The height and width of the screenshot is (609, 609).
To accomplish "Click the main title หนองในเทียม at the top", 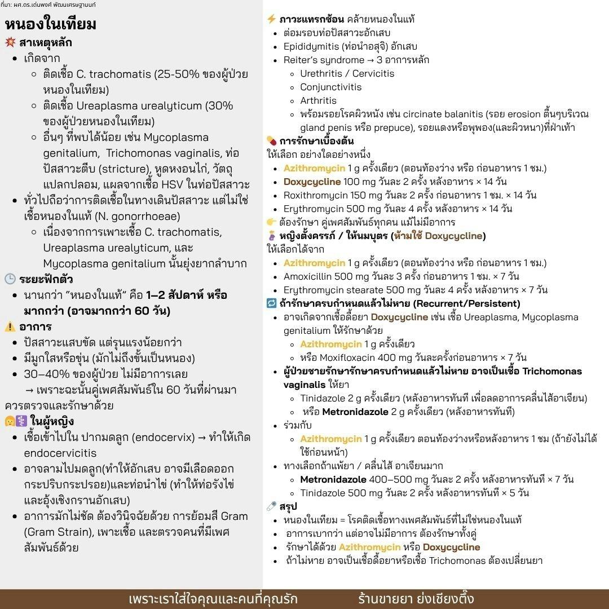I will click(51, 24).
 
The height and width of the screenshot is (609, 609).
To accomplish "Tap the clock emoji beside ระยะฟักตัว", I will click(10, 279).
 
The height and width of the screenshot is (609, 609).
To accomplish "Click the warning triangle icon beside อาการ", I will click(10, 326).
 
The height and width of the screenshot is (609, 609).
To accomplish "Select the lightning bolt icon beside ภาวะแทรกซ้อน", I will click(271, 19).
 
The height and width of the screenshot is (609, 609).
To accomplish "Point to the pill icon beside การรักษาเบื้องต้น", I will click(271, 141).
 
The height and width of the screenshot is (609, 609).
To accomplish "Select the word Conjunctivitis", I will click(330, 87).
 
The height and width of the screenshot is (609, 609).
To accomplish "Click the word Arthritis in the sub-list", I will click(318, 100).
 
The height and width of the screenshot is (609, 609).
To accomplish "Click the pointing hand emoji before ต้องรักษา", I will click(271, 222).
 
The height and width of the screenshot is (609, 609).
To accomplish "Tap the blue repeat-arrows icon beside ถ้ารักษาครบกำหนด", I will click(271, 303).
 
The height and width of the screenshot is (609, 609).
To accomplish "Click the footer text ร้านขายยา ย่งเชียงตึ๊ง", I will click(416, 598).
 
